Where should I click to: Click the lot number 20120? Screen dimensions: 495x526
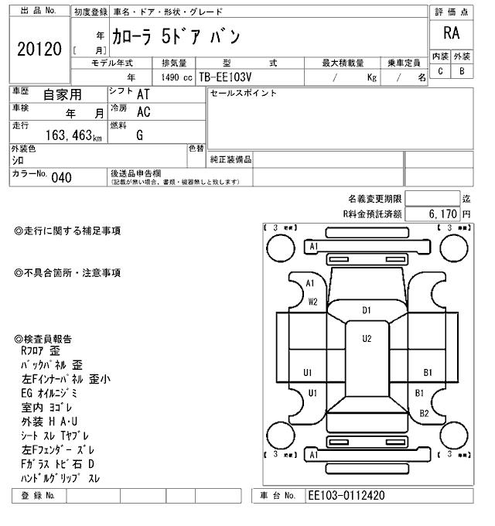click(x=39, y=50)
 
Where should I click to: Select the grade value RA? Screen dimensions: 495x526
click(x=451, y=33)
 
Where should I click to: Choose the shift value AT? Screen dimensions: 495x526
click(x=143, y=94)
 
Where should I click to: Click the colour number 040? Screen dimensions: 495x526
click(x=61, y=178)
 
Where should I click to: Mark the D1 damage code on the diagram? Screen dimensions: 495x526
click(x=367, y=310)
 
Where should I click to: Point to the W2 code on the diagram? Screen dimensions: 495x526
click(x=312, y=302)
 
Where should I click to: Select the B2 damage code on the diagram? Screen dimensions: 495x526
click(x=424, y=413)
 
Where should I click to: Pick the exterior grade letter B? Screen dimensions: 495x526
click(x=462, y=71)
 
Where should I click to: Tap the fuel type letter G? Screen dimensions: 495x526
click(x=140, y=135)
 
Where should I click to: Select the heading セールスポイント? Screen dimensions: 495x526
click(x=244, y=93)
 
